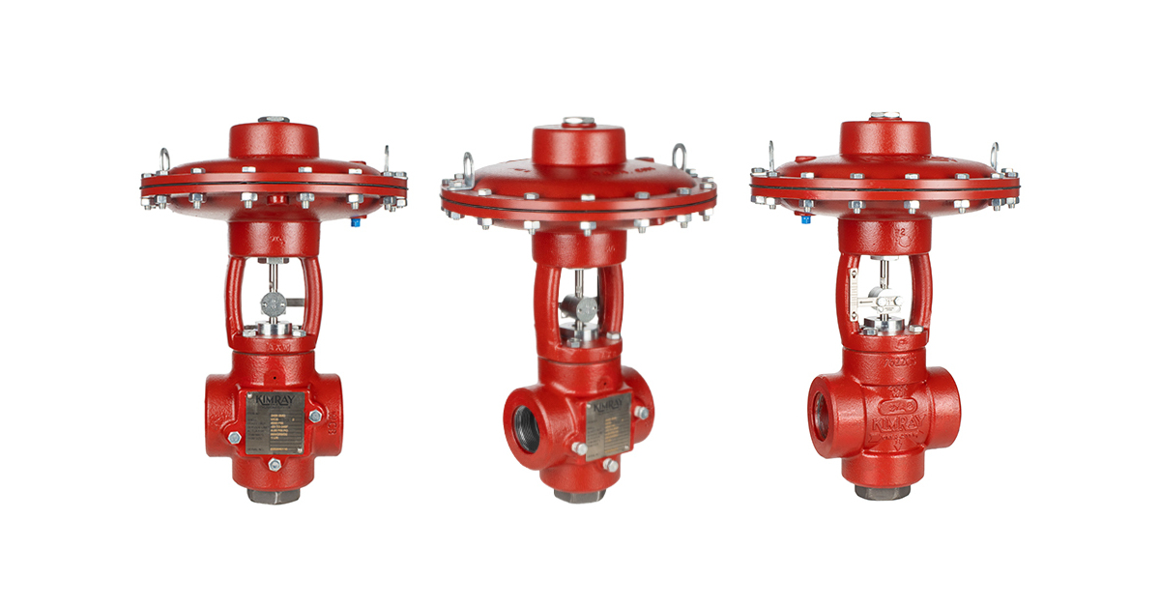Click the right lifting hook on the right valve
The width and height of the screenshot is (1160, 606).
[994, 154]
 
